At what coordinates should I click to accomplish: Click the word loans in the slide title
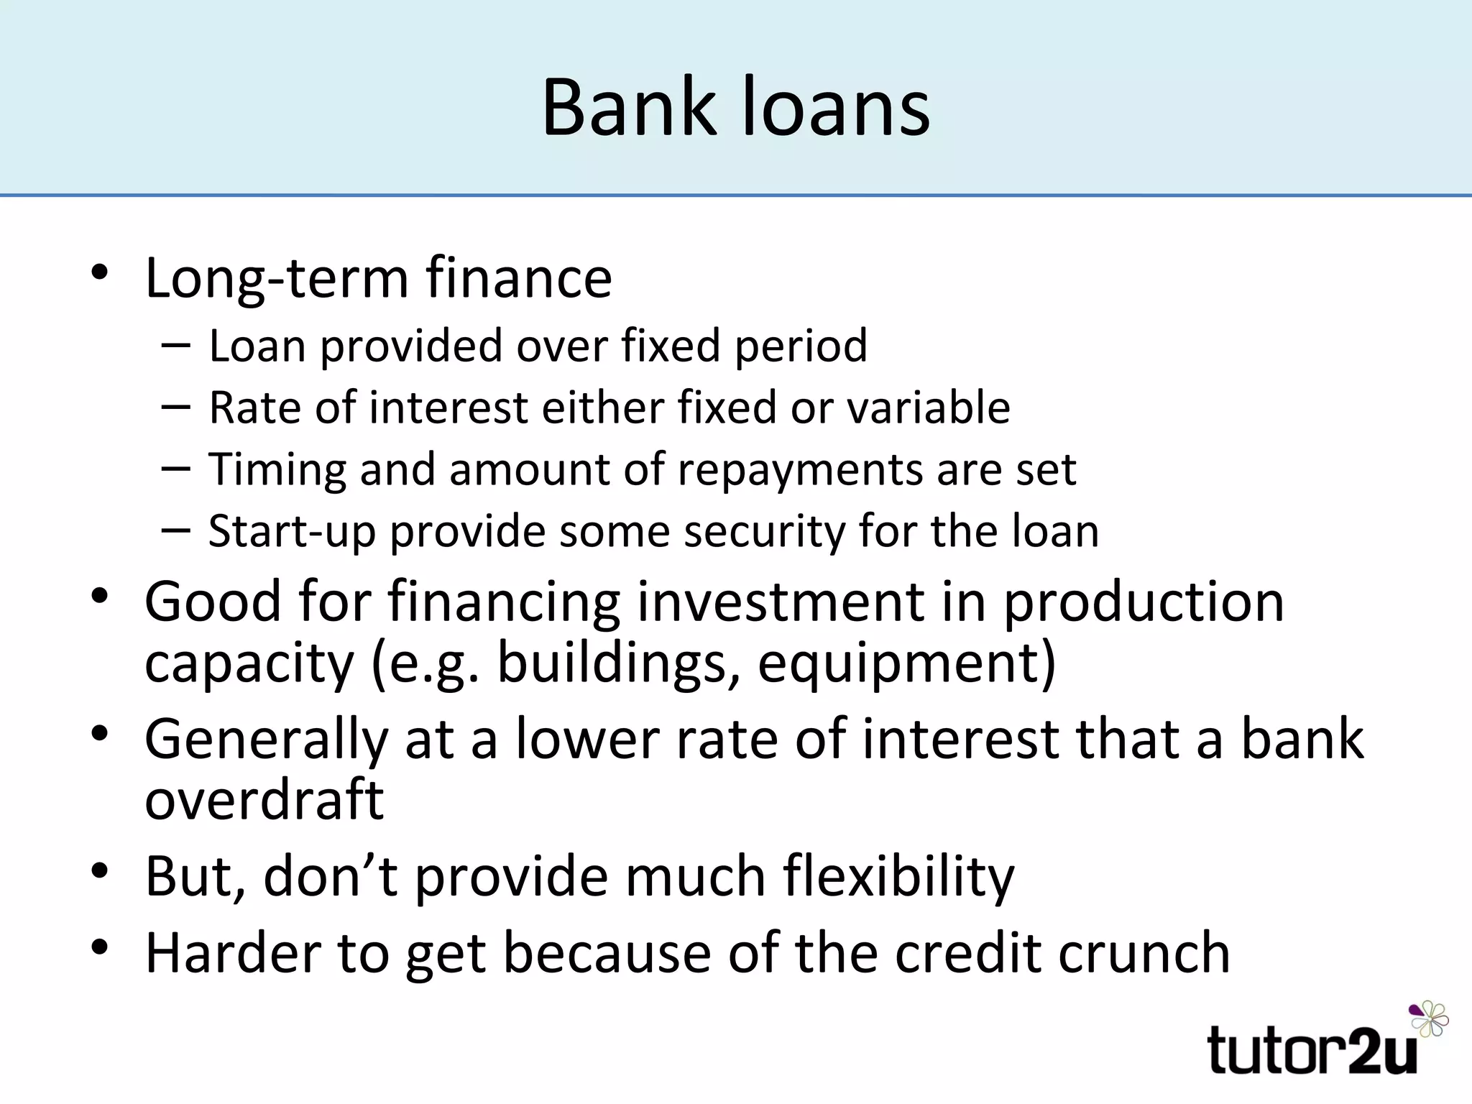(x=835, y=108)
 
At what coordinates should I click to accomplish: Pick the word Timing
(x=276, y=471)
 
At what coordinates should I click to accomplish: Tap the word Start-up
(x=291, y=533)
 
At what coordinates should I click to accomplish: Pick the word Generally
(x=266, y=740)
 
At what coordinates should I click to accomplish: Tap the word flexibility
(x=898, y=878)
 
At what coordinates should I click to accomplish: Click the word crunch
(x=1144, y=953)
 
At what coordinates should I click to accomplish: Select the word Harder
(x=232, y=953)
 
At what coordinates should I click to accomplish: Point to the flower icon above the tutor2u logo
(x=1429, y=1018)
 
